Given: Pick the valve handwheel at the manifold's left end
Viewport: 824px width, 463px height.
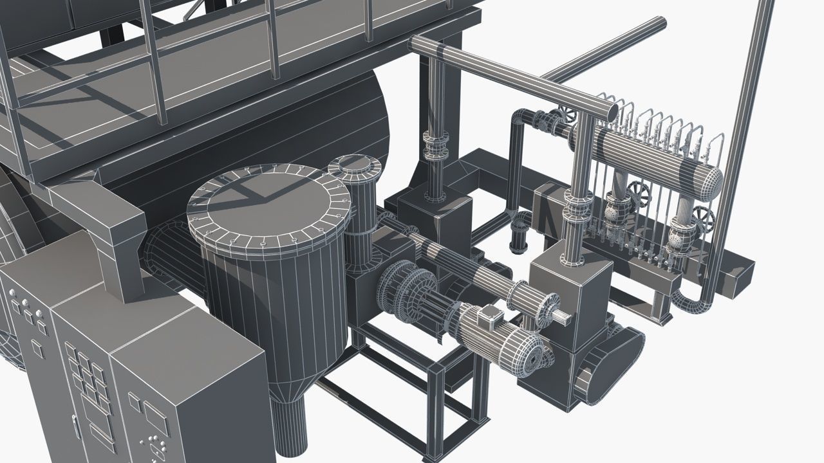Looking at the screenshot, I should point(566,116).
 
